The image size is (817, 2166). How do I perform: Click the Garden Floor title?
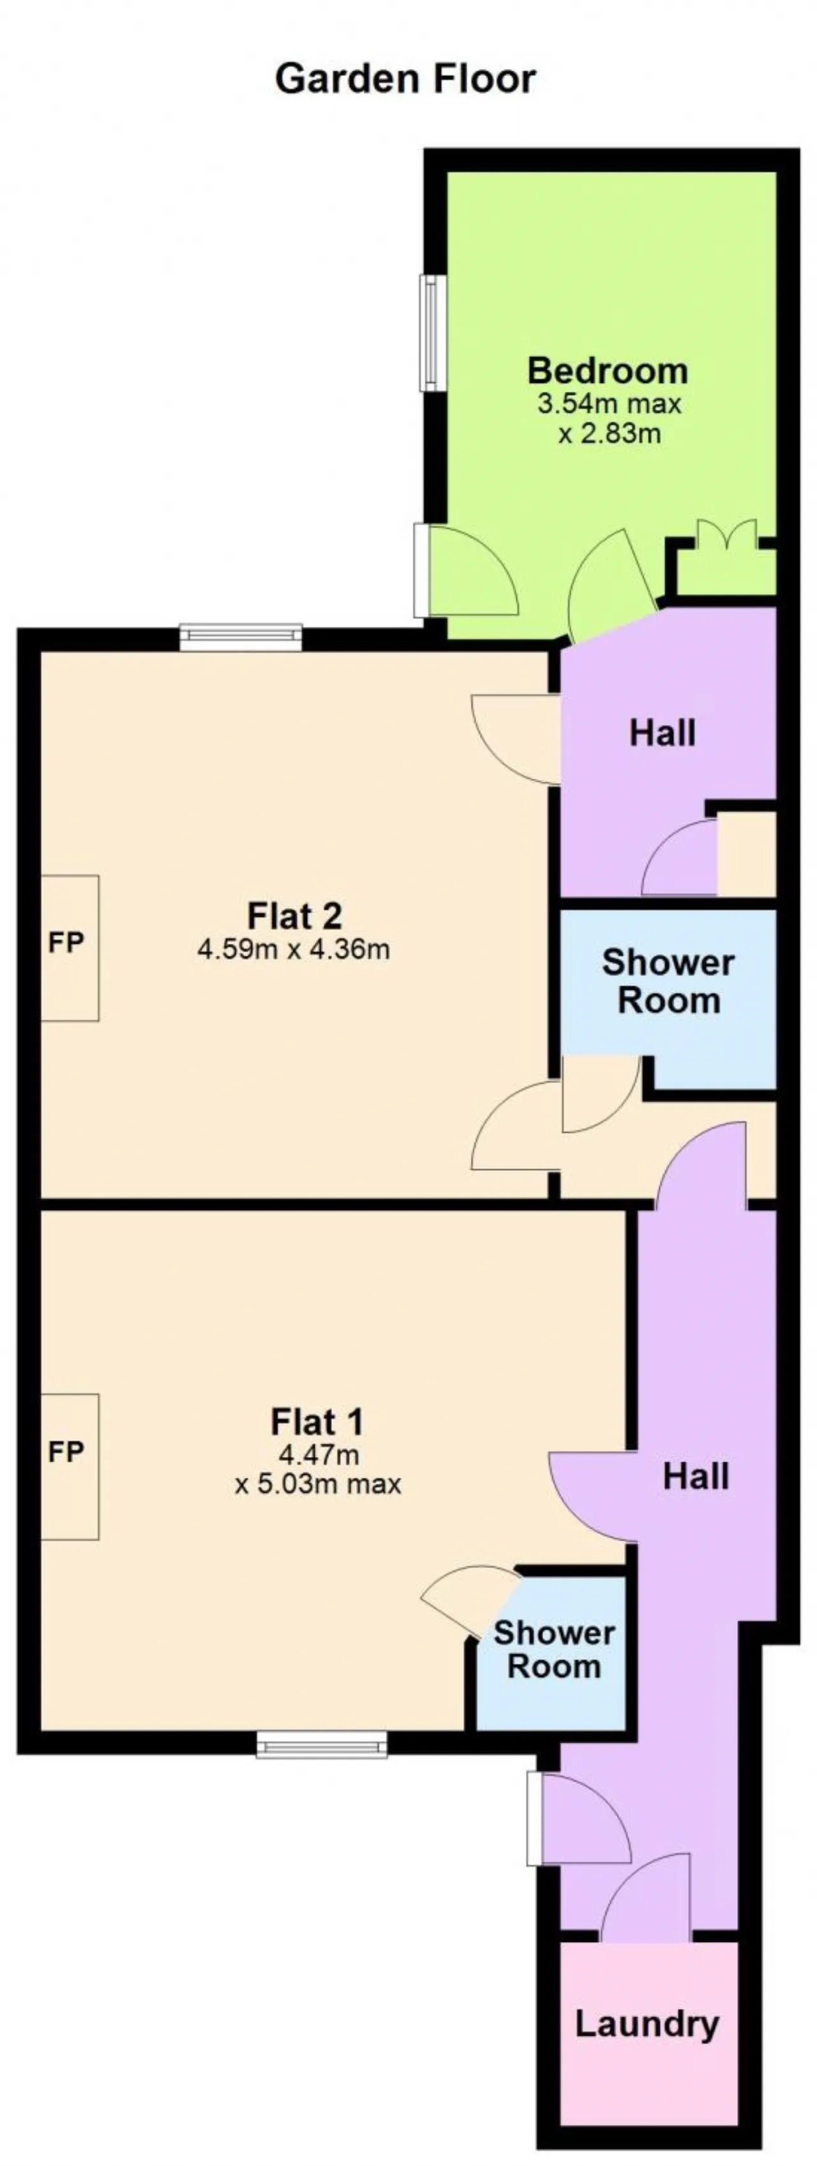coord(405,79)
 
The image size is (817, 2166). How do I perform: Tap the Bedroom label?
coord(608,370)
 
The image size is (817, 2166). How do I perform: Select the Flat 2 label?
coord(294,915)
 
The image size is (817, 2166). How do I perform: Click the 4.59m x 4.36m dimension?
coord(294,950)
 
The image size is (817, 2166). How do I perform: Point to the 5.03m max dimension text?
coord(318,1484)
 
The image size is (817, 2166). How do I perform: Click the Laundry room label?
coord(647,2023)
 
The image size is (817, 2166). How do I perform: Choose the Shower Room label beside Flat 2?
coord(668,982)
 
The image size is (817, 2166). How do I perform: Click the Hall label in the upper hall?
coord(663,733)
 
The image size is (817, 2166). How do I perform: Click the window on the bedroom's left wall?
coord(432,333)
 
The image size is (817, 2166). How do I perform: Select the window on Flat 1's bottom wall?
coord(322,1744)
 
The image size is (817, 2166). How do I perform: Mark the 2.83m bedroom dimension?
coord(610,434)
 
